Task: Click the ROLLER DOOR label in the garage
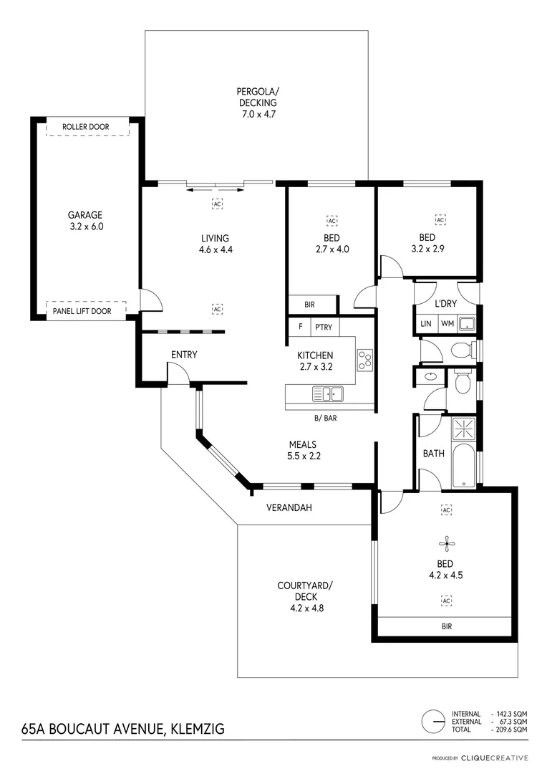[x=85, y=127]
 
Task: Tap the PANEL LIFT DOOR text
[x=85, y=310]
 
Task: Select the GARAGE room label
[x=85, y=215]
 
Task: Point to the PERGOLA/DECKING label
[x=257, y=97]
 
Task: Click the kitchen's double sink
[x=327, y=393]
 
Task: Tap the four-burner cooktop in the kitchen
[x=364, y=360]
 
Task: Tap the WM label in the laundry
[x=447, y=324]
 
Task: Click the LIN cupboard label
[x=426, y=324]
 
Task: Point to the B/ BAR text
[x=326, y=417]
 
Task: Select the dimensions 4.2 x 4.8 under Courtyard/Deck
[x=305, y=608]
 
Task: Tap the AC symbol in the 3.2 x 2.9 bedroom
[x=440, y=220]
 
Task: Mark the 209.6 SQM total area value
[x=510, y=729]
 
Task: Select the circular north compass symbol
[x=432, y=722]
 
